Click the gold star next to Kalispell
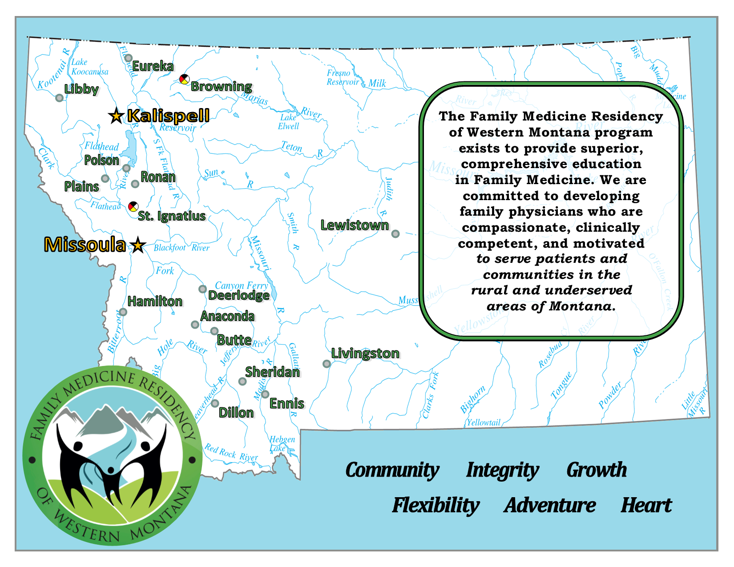point(116,116)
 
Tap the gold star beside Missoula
point(138,245)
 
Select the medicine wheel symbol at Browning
point(184,80)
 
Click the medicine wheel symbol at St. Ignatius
point(133,206)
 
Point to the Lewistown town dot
point(395,234)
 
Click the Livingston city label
point(365,354)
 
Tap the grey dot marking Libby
point(59,98)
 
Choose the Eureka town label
point(153,66)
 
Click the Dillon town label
point(236,413)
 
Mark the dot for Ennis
point(265,394)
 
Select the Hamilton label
point(155,302)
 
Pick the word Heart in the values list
point(646,506)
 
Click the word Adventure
point(550,506)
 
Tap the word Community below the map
point(392,470)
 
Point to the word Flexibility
point(436,506)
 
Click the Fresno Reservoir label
point(343,77)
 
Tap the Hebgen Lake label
point(282,444)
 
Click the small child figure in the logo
point(110,483)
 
